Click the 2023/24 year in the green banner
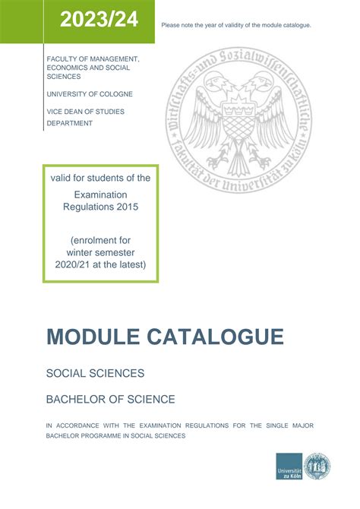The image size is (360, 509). click(99, 21)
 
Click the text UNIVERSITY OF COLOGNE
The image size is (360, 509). click(90, 93)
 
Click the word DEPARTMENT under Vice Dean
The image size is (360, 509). click(70, 123)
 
